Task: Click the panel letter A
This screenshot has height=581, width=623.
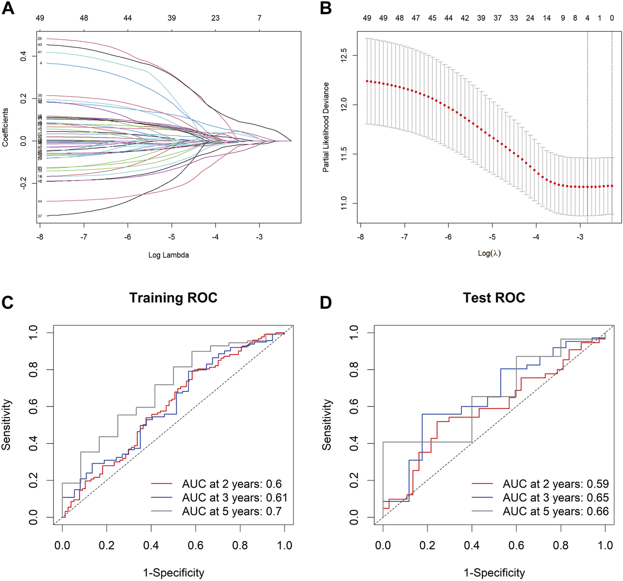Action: click(x=8, y=8)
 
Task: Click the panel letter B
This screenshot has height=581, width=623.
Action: click(x=326, y=8)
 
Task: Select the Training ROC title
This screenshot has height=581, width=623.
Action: click(x=173, y=297)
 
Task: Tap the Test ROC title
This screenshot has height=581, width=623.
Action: click(x=494, y=297)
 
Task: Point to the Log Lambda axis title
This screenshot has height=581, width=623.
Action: click(x=169, y=255)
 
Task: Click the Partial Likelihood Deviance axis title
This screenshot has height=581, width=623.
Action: click(x=326, y=127)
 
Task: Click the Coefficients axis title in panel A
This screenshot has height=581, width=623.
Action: click(x=6, y=127)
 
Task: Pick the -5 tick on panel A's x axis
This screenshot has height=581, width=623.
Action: click(x=172, y=237)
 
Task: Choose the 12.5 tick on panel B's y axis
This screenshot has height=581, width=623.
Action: click(x=344, y=56)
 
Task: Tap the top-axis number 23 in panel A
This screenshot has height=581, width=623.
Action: click(x=215, y=18)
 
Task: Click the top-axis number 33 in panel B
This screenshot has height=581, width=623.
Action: click(x=513, y=18)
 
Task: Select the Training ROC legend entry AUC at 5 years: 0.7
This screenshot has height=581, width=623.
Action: click(x=231, y=511)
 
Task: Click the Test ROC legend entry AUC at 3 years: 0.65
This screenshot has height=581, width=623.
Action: click(x=555, y=497)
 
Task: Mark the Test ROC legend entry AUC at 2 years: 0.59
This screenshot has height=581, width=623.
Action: click(x=555, y=484)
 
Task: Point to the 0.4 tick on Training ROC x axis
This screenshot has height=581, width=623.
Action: click(x=151, y=545)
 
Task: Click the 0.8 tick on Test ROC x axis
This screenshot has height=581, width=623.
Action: click(x=561, y=545)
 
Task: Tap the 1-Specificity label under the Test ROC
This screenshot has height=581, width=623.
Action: click(x=494, y=572)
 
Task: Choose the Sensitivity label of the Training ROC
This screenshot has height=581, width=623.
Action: click(x=6, y=424)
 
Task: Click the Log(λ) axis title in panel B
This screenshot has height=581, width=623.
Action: click(x=489, y=253)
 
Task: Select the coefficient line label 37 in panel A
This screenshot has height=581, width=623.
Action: click(x=40, y=216)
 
